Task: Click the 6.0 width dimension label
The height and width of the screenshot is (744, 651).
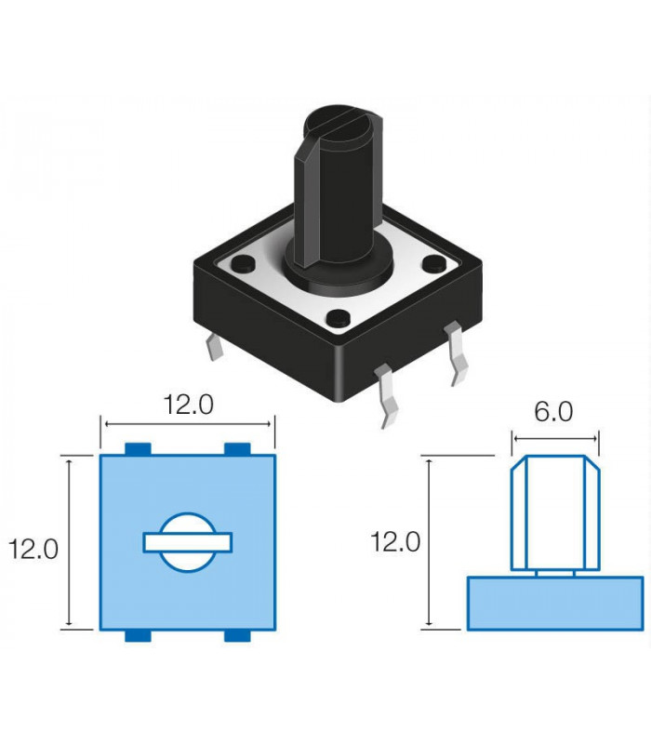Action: tap(553, 411)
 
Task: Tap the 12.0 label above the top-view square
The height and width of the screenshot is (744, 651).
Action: tap(189, 405)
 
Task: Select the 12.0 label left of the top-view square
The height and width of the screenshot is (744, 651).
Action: tap(33, 549)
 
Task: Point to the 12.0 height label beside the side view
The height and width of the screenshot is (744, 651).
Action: tap(395, 541)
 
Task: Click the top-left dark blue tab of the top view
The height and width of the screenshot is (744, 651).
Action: tap(138, 449)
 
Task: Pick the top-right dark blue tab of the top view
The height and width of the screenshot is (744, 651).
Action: tap(237, 449)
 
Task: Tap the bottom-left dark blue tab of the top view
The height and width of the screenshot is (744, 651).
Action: tap(138, 636)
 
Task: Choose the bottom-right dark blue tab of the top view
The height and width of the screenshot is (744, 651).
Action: tap(237, 636)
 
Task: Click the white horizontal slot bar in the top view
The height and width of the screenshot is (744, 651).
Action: tap(188, 543)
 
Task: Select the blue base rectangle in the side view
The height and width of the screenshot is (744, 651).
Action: tap(555, 604)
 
